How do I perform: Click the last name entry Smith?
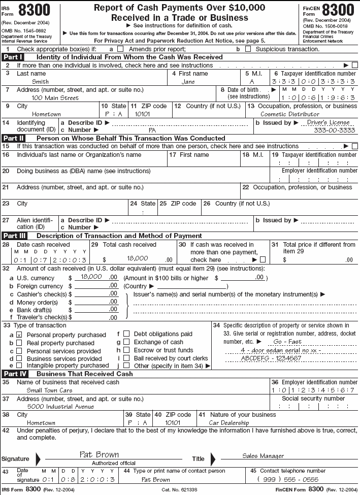[40, 82]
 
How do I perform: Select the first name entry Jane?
[188, 82]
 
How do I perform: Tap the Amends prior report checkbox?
[120, 49]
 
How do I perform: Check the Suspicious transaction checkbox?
[248, 49]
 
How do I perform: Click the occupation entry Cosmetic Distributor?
[290, 114]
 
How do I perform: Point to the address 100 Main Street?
[55, 98]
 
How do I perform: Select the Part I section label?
[14, 57]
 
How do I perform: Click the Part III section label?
[15, 236]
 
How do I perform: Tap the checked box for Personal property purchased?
[19, 335]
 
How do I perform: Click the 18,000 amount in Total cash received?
[137, 258]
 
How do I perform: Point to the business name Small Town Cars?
[49, 390]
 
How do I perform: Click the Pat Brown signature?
[99, 454]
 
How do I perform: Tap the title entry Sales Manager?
[263, 456]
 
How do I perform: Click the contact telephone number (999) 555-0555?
[288, 479]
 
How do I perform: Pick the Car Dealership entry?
[229, 422]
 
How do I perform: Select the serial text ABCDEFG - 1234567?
[265, 358]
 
